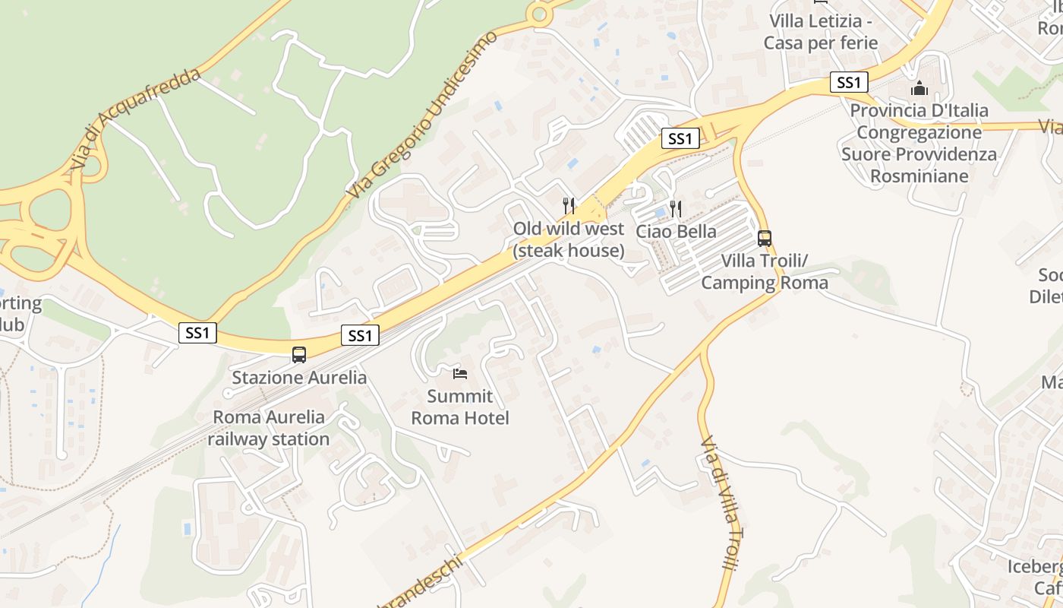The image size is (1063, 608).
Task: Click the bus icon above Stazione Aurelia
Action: pyautogui.click(x=299, y=354)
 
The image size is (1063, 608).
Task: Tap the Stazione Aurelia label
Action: pyautogui.click(x=299, y=378)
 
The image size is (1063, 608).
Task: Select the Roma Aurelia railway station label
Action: pyautogui.click(x=269, y=428)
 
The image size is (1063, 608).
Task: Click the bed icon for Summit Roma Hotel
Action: pyautogui.click(x=459, y=373)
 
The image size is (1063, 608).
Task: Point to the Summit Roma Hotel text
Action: pyautogui.click(x=460, y=407)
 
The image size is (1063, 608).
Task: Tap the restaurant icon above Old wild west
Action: pyautogui.click(x=568, y=205)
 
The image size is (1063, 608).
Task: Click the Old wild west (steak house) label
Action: pyautogui.click(x=569, y=239)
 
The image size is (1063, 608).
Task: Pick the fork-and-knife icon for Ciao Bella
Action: pyautogui.click(x=676, y=208)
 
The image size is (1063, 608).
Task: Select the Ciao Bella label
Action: pyautogui.click(x=676, y=231)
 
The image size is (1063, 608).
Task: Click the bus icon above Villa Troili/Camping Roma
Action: pyautogui.click(x=765, y=238)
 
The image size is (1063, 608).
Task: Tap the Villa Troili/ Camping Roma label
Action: pyautogui.click(x=765, y=272)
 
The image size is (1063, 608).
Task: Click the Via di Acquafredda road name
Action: pyautogui.click(x=137, y=119)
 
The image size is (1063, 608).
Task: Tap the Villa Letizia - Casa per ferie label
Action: pyautogui.click(x=821, y=32)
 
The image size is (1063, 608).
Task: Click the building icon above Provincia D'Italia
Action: pyautogui.click(x=919, y=89)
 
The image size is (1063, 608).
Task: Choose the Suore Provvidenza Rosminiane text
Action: pyautogui.click(x=919, y=165)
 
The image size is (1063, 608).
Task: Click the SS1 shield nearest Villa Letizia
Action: pyautogui.click(x=848, y=82)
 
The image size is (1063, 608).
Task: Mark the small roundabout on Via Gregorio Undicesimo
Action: pyautogui.click(x=539, y=13)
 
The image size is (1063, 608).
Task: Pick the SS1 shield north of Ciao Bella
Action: pyautogui.click(x=680, y=138)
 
